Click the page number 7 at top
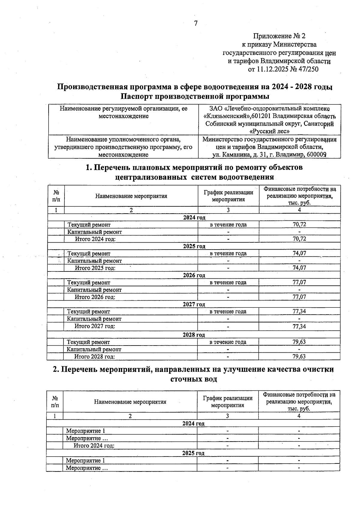coord(196,23)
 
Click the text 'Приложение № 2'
coord(279,36)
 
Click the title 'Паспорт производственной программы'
coord(195,97)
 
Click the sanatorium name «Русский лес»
coord(269,131)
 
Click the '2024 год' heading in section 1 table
coord(194,217)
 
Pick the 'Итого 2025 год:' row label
coord(95,268)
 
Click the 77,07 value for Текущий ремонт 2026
coord(299,282)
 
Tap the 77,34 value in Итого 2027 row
coord(299,326)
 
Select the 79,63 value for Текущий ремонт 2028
coord(299,342)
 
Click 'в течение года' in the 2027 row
coord(228,311)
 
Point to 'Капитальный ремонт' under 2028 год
coord(94,349)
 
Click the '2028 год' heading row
coord(194,334)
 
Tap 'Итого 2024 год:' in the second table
coord(94,445)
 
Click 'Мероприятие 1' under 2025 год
coord(85,460)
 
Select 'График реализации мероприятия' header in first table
coord(228,196)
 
